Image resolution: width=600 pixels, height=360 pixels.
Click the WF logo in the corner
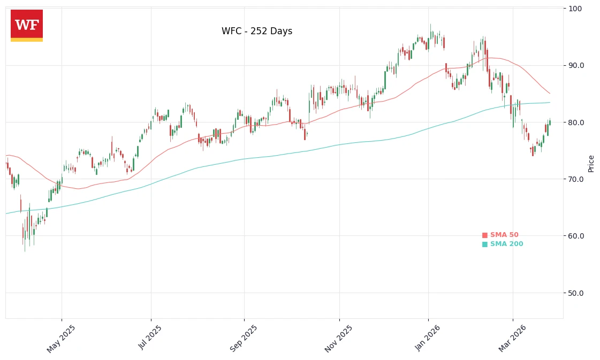27,25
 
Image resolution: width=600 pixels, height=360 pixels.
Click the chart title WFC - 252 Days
257,32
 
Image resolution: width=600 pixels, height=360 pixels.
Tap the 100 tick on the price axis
576,9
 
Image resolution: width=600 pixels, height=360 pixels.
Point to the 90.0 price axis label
577,65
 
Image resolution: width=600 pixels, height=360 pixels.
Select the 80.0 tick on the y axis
577,122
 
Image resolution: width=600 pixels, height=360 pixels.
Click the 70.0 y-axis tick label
577,179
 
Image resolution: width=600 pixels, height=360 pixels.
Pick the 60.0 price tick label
577,236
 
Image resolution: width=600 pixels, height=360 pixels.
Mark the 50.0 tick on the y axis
577,293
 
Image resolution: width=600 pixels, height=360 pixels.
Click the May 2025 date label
61,339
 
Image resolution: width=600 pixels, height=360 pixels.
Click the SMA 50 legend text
504,235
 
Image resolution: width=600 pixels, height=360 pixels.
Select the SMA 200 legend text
506,244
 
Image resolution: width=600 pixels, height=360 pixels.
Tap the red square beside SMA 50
485,235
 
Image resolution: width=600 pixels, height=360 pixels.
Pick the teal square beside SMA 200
485,244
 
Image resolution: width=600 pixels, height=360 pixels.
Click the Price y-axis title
591,163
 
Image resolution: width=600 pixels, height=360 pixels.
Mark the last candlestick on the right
550,122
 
